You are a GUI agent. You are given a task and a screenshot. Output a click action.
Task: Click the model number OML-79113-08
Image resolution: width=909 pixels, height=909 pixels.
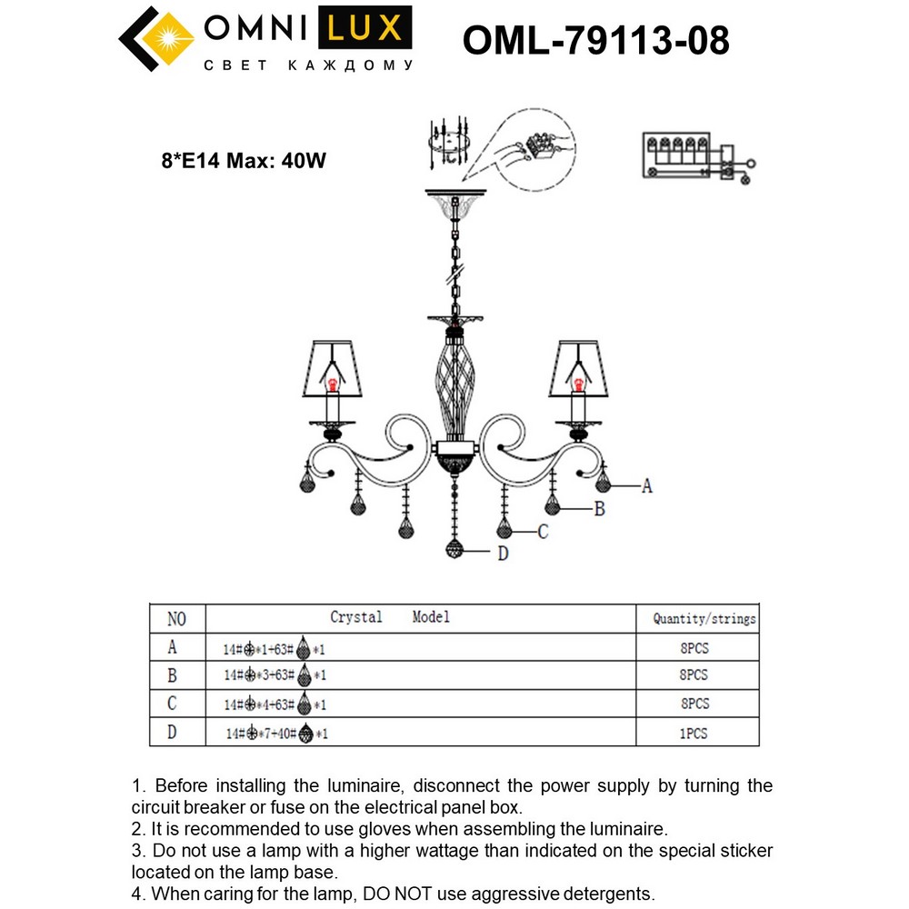click(x=595, y=40)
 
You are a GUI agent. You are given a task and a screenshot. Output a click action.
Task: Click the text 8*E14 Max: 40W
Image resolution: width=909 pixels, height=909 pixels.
click(x=244, y=161)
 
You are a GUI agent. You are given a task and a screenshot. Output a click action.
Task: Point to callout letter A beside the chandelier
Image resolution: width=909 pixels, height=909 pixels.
click(x=646, y=486)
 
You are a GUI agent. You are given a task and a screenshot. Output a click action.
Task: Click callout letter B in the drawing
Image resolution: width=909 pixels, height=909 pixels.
click(x=599, y=510)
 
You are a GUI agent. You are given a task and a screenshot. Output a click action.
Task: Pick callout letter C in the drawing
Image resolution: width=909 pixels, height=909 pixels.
click(x=543, y=533)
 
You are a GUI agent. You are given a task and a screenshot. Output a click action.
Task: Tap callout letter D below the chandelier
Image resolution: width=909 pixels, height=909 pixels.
click(x=503, y=553)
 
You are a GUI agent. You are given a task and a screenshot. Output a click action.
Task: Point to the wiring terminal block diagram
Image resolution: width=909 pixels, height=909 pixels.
click(x=695, y=157)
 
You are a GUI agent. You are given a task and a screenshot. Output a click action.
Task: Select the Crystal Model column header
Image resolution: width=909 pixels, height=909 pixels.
click(x=389, y=617)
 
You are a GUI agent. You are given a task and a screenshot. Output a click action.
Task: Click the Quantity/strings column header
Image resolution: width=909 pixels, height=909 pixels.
click(x=704, y=619)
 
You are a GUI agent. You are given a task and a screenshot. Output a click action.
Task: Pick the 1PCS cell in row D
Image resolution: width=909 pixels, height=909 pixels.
click(x=694, y=733)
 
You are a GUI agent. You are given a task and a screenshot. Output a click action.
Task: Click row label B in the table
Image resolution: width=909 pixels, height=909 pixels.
click(x=172, y=675)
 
